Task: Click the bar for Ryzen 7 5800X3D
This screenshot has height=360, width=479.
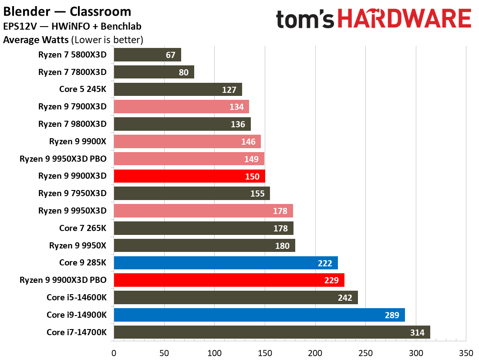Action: tap(147, 55)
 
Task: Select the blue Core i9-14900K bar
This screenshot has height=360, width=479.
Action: tap(259, 315)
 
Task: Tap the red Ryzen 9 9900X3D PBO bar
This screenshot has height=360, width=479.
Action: tap(229, 280)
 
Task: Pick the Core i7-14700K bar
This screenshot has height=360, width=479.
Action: tap(272, 332)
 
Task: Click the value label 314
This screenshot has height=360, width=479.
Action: tap(417, 333)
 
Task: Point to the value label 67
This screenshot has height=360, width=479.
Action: tap(170, 55)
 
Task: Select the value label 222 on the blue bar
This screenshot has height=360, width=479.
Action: tap(325, 263)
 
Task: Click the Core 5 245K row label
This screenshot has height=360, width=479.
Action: tap(83, 89)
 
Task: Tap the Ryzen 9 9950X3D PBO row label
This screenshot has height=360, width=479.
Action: tap(63, 159)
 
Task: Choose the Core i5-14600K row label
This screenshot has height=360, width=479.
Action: tap(77, 297)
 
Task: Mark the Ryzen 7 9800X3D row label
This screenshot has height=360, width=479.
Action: tap(72, 124)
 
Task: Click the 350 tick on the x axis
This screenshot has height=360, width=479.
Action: tap(466, 352)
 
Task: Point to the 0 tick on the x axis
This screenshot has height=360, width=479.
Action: tap(114, 352)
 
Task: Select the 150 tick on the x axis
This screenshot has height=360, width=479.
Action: tap(265, 352)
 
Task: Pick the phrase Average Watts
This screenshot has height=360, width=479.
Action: tap(36, 40)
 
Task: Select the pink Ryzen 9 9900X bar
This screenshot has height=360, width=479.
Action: tap(187, 141)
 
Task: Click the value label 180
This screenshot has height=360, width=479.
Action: tap(282, 245)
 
